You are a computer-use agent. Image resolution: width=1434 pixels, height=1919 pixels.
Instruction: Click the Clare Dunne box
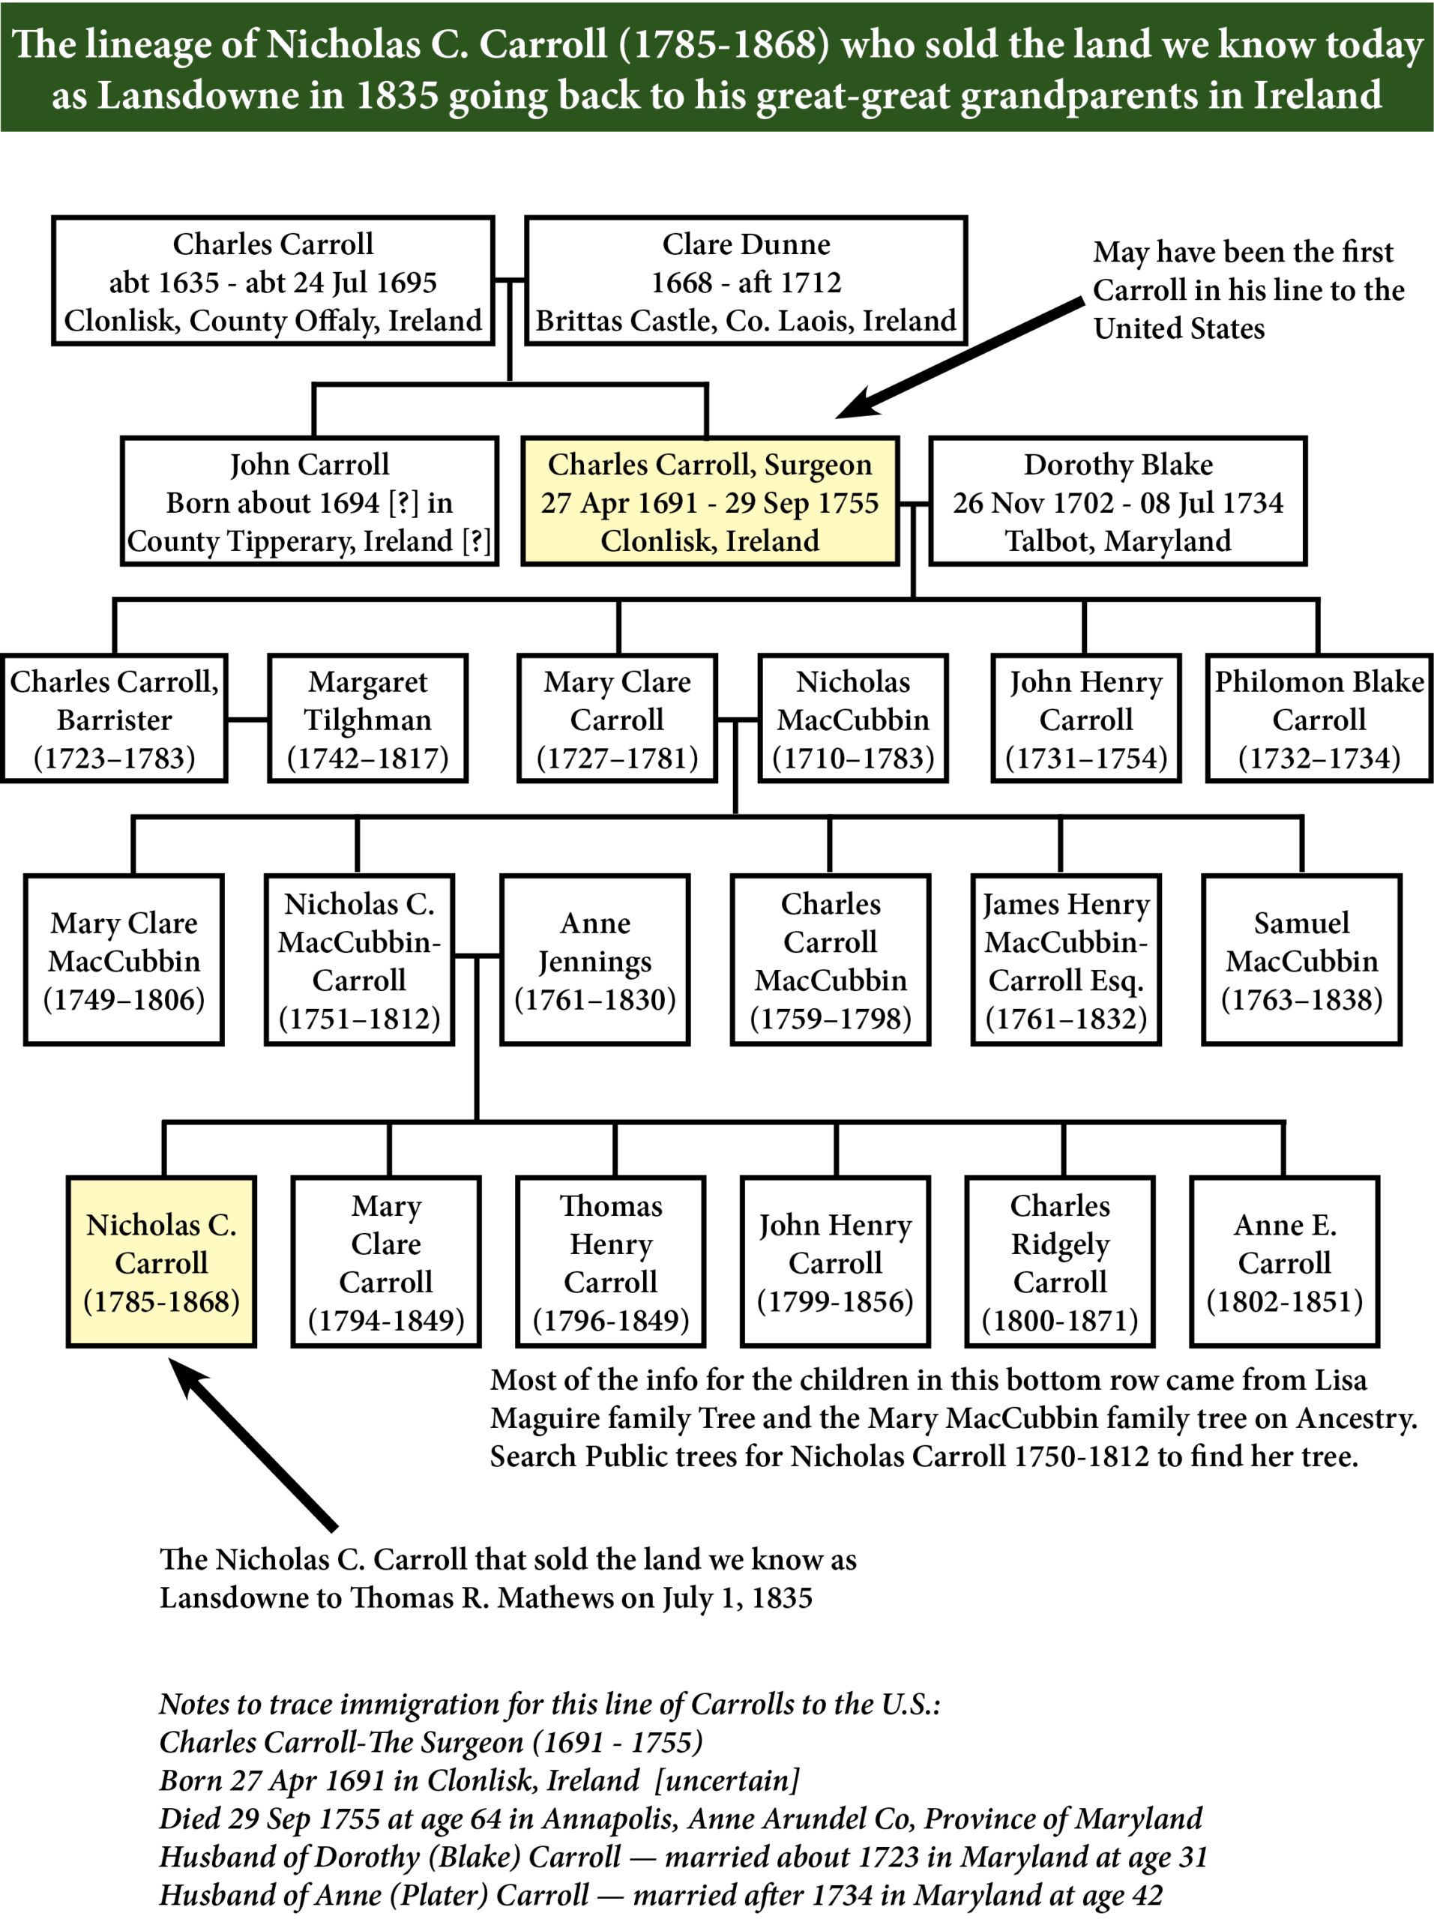click(745, 280)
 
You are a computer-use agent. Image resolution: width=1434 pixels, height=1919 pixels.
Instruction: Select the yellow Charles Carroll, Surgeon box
click(710, 501)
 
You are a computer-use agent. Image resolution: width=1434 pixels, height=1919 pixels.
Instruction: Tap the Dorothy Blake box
click(1118, 501)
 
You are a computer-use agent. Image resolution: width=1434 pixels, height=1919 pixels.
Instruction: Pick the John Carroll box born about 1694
click(309, 501)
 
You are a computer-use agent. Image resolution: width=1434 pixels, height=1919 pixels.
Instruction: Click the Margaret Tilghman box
click(367, 718)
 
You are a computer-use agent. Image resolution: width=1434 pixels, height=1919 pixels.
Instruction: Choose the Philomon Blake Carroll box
click(1319, 718)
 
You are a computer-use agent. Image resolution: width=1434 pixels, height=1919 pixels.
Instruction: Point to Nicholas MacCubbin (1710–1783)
click(853, 718)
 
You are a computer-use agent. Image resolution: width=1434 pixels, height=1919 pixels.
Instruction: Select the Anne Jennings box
click(594, 959)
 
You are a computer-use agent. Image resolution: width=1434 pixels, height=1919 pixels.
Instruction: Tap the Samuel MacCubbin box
click(1301, 959)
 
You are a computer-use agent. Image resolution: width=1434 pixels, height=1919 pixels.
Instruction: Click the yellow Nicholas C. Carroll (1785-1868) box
click(161, 1262)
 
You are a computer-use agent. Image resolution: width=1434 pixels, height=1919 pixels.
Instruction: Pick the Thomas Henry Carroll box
click(611, 1262)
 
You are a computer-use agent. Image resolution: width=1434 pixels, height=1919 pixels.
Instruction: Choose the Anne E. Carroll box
click(1284, 1262)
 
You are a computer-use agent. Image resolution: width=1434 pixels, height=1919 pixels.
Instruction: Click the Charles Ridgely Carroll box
click(1059, 1262)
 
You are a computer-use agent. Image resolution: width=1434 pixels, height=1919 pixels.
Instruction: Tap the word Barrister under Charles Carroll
click(114, 720)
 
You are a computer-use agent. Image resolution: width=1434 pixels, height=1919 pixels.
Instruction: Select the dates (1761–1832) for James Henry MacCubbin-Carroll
click(1066, 1019)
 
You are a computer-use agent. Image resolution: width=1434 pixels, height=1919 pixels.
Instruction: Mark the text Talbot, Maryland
click(1118, 540)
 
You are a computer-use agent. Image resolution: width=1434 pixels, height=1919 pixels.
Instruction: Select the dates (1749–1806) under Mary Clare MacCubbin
click(124, 999)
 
